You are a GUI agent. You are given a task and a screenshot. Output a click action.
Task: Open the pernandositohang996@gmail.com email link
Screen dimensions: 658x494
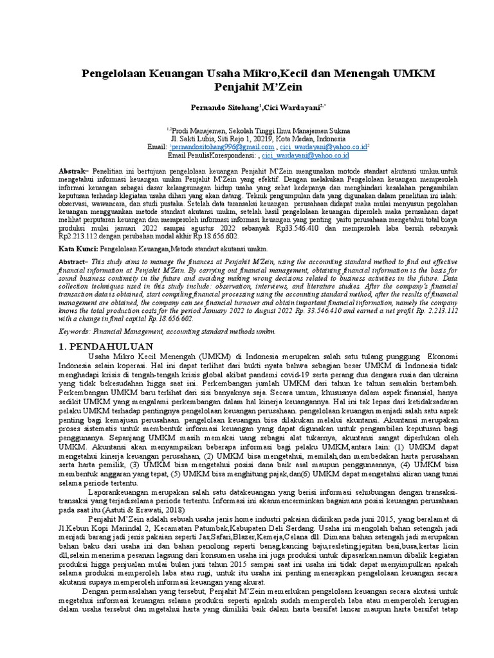215,147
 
